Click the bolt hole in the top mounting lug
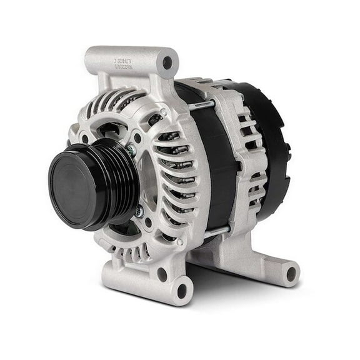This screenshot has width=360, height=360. point(167,62)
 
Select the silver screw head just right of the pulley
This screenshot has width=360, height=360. point(131,151)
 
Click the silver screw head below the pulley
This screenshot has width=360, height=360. point(138,212)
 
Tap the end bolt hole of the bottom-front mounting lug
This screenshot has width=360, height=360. point(182,290)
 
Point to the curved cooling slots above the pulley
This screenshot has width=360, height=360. point(116,103)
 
